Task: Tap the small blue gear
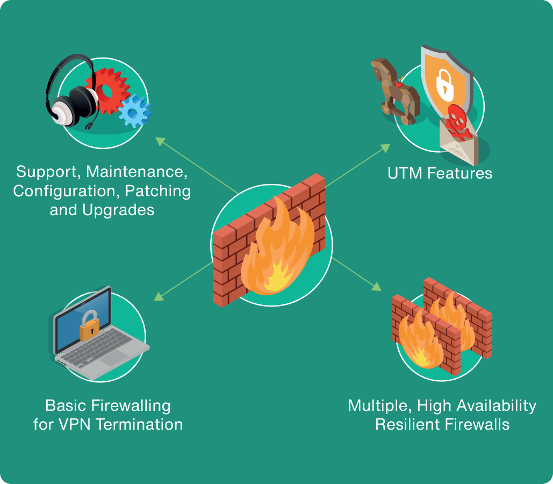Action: click(x=134, y=111)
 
